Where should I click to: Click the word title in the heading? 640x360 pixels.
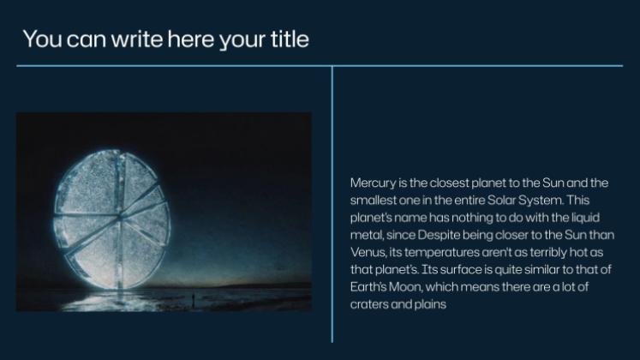(x=290, y=39)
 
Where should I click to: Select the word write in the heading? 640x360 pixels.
(x=137, y=39)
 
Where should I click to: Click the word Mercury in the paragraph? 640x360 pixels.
(x=373, y=183)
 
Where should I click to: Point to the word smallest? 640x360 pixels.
(x=373, y=200)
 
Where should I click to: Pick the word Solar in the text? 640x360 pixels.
(x=501, y=200)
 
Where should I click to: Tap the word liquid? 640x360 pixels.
(x=586, y=218)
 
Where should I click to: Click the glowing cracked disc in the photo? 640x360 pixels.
(x=111, y=219)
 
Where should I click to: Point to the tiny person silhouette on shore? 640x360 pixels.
(x=193, y=300)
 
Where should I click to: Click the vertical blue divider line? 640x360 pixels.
(x=332, y=204)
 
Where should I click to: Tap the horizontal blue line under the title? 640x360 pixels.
(x=320, y=65)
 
